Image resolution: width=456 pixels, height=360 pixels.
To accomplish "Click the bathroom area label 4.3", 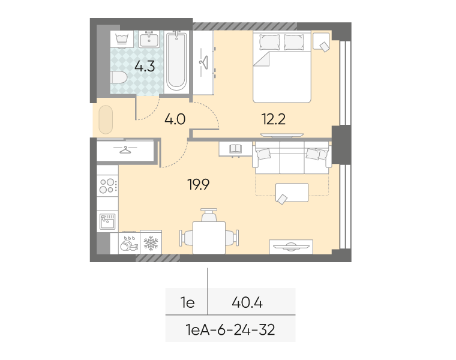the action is point(145,67).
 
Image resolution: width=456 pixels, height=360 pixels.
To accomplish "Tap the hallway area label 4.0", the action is point(175,119).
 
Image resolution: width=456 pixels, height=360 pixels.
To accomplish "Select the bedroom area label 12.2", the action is point(274,119).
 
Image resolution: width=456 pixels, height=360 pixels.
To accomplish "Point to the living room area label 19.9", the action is point(199,184).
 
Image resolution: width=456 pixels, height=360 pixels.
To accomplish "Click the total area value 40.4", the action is point(247,303).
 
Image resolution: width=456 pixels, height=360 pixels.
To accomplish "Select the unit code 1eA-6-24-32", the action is point(230,330).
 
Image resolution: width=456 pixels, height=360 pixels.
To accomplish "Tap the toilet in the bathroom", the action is point(119,77).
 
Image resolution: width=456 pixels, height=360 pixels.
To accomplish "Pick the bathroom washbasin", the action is point(149,39).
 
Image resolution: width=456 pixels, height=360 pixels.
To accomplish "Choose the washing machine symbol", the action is point(122,39).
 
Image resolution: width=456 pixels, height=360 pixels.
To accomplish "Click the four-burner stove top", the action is point(107,186).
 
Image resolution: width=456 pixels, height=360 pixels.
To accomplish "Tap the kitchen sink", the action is point(107,221).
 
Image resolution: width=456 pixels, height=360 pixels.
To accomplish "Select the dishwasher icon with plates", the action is point(129,243).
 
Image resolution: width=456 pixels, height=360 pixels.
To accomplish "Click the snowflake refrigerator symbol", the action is point(151,243).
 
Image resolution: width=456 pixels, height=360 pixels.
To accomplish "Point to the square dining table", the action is point(209,238).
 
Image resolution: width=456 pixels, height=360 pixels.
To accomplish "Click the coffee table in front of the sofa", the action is point(292,192).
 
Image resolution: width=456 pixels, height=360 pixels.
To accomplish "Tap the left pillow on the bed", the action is point(269,42).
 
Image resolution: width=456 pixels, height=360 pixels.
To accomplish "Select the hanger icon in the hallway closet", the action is point(125,150).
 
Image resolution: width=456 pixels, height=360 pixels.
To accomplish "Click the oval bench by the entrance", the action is point(106,119).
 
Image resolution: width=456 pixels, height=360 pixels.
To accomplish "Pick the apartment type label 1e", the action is point(188,303).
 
